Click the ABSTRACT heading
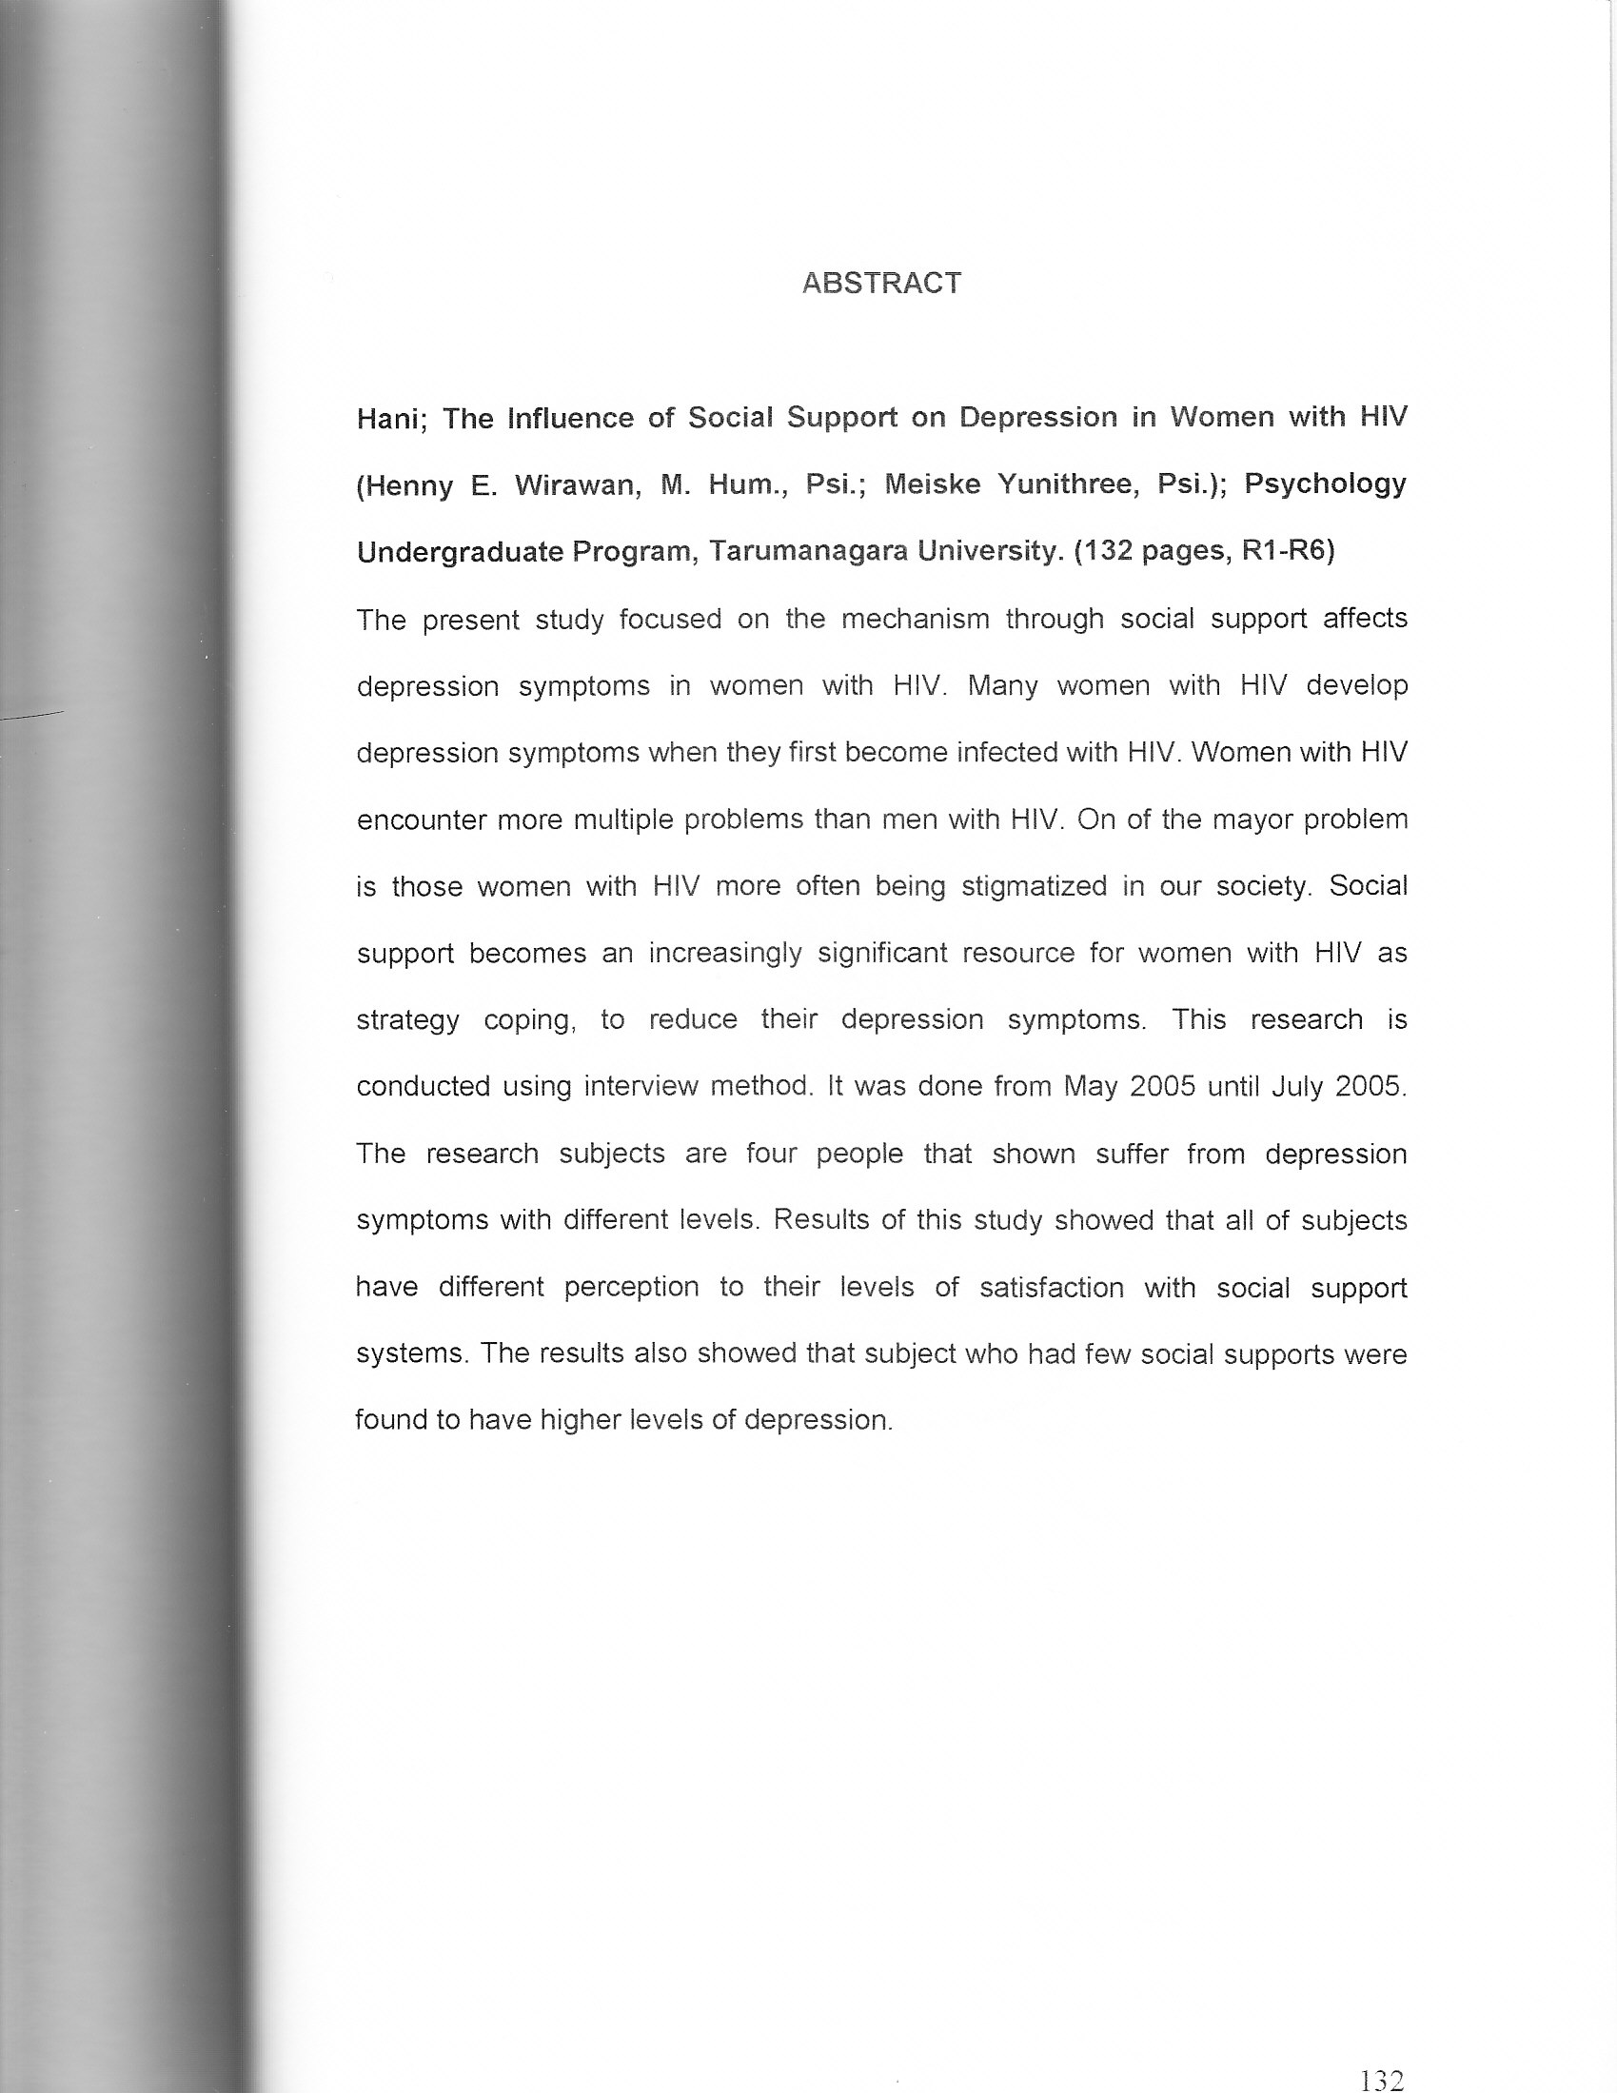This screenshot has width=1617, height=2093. click(x=881, y=284)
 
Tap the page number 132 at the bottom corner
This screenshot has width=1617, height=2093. click(x=1381, y=2080)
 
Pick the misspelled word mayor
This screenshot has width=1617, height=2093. click(x=1249, y=819)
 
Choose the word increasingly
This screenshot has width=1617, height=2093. click(x=724, y=954)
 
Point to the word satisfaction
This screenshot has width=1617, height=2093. click(x=1052, y=1287)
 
